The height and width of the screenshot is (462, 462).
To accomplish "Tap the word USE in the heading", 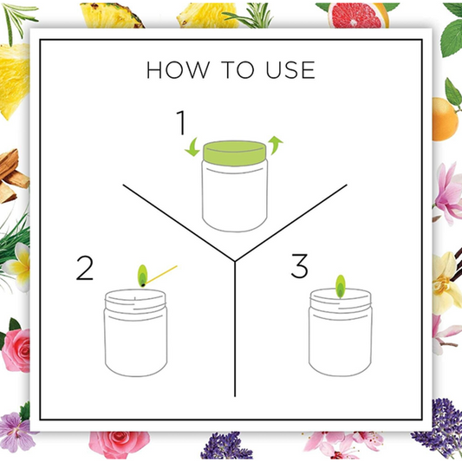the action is pos(290,70).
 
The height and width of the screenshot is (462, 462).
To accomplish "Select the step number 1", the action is pos(181,122).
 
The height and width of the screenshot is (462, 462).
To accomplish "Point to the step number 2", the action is pos(85,268).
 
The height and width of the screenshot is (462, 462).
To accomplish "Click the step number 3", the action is pos(300,266).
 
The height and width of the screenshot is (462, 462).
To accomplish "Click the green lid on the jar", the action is pos(235,153).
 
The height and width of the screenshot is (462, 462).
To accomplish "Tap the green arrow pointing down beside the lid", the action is pos(192,147).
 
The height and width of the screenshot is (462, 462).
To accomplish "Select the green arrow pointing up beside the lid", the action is pos(275,145).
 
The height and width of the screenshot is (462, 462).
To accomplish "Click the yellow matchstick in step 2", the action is pos(160,276).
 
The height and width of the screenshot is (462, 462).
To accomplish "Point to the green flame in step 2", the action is pos(142,276).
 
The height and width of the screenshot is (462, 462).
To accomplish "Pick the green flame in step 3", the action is pos(341,286).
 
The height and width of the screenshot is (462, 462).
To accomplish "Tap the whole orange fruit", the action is pos(445,120).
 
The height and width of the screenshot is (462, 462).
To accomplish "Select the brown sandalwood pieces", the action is pos(13,176).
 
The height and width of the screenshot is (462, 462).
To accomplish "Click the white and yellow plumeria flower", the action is pos(17,267).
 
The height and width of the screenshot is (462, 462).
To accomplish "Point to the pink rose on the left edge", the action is pos(16,349).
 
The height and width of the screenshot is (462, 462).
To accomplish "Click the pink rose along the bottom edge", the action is pos(120,445).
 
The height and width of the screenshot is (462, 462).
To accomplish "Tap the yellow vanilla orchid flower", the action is pos(446,283).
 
